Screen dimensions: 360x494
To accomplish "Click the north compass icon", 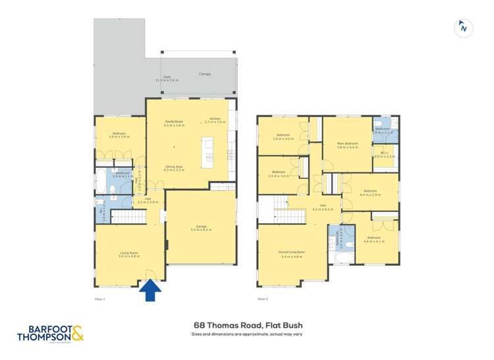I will click(464, 28).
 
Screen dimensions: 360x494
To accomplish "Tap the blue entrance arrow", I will click(151, 290).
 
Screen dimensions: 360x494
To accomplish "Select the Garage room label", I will click(201, 228).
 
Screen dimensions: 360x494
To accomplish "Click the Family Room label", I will click(174, 123).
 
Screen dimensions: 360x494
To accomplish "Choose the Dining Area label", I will click(174, 168).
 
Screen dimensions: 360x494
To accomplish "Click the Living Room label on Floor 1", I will click(128, 253).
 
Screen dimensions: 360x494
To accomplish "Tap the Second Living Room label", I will click(292, 253).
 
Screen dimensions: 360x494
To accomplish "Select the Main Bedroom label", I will click(347, 145).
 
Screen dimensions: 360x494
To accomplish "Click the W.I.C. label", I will click(385, 155).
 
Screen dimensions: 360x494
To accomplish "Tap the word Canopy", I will click(205, 74).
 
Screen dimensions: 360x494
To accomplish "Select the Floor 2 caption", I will click(262, 298).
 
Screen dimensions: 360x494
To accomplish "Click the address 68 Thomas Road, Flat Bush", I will click(248, 324).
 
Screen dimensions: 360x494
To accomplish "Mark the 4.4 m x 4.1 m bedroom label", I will click(373, 240).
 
